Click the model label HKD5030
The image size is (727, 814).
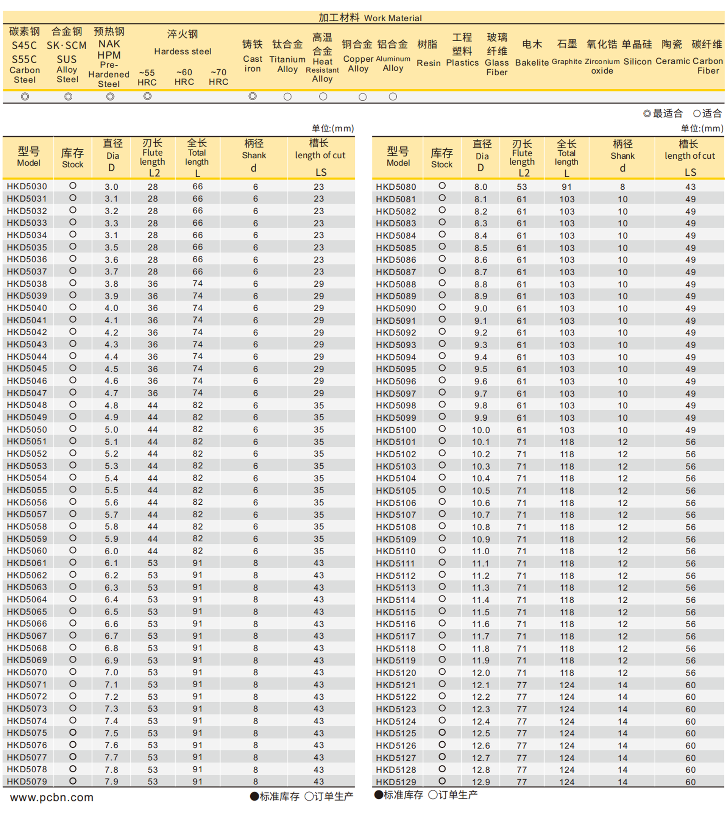[27, 187]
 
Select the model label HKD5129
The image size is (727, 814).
[396, 782]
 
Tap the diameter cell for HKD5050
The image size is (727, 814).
[111, 430]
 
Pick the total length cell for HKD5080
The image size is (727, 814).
[566, 187]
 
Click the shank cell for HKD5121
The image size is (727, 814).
[622, 685]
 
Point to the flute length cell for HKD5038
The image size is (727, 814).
[153, 284]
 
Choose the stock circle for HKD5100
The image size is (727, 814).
[442, 429]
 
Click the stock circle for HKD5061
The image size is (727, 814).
[73, 562]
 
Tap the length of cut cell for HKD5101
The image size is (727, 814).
[690, 442]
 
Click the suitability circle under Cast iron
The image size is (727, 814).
[253, 96]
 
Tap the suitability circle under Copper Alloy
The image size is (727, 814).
[362, 97]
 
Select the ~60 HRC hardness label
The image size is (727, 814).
[184, 77]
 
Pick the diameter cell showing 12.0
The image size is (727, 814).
[481, 673]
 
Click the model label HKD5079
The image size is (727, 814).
[27, 782]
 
